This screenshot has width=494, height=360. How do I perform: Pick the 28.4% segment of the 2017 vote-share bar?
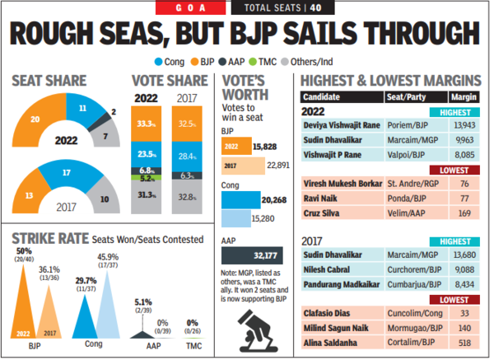(x=188, y=157)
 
